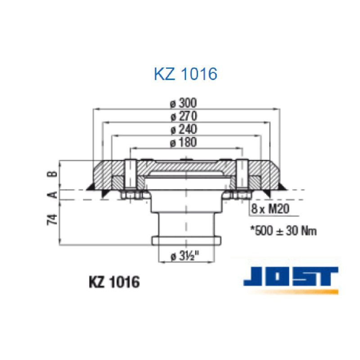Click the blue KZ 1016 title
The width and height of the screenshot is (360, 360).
click(x=185, y=74)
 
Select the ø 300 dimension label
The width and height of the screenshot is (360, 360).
click(x=184, y=103)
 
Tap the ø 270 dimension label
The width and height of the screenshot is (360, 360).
click(x=184, y=116)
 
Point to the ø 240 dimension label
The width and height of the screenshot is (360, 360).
click(x=184, y=130)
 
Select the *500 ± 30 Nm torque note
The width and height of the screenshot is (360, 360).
click(x=283, y=231)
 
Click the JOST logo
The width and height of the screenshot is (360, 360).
click(x=290, y=276)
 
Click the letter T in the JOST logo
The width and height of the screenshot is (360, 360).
click(x=326, y=276)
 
